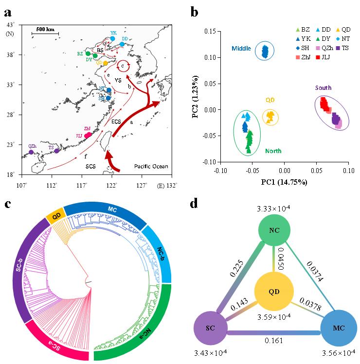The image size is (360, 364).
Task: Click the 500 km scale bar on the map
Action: pos(45,33)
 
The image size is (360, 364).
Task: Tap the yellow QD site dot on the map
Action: pos(105,63)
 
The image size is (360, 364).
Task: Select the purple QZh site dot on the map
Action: pos(31,152)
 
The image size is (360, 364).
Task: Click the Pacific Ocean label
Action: pos(151,167)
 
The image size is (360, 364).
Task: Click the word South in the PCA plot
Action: pos(323,88)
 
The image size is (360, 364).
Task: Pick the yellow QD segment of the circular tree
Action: pos(54,214)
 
